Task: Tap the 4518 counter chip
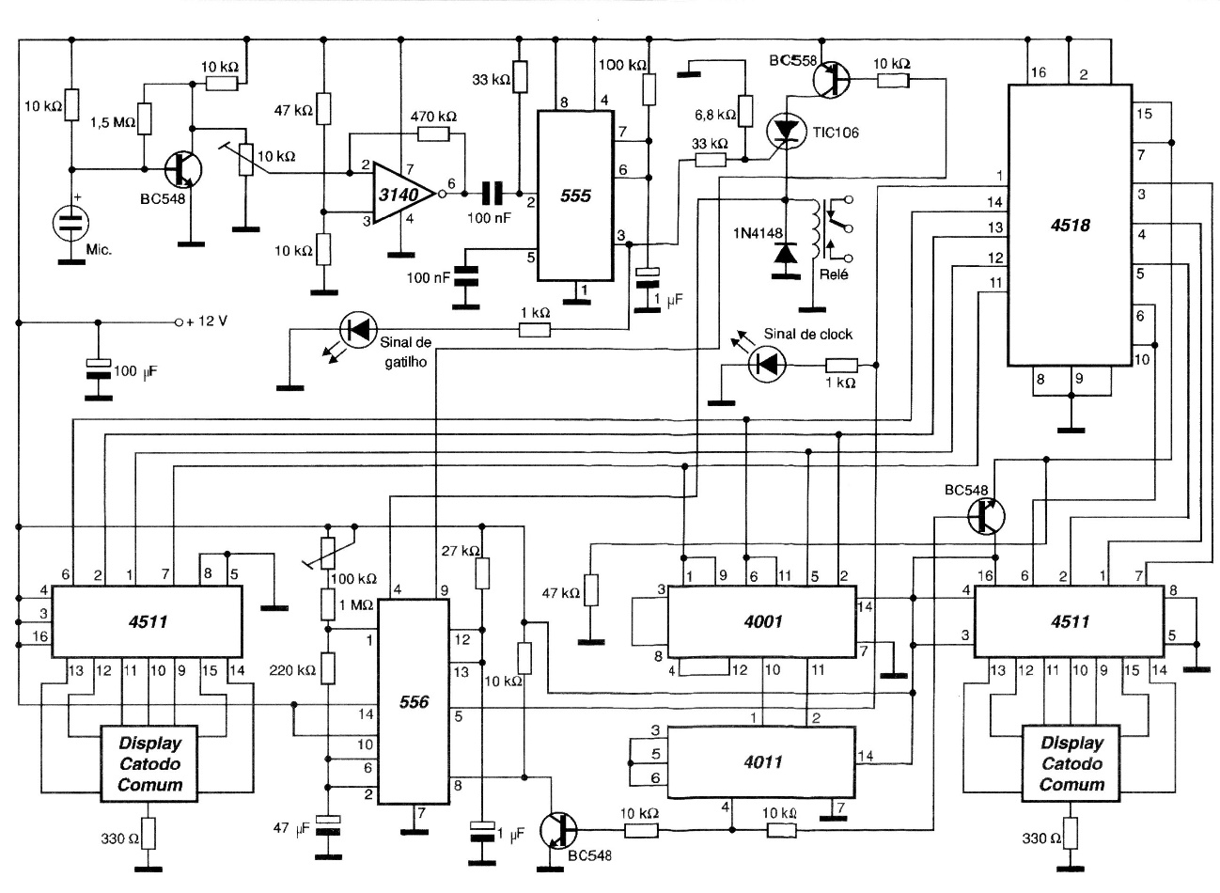coord(1070,224)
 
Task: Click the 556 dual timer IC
coord(413,700)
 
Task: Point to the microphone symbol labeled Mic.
coord(69,224)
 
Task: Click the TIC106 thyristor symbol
coord(785,131)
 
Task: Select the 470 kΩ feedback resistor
coord(433,134)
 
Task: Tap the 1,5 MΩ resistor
coord(145,121)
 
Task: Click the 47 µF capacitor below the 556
coord(329,828)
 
